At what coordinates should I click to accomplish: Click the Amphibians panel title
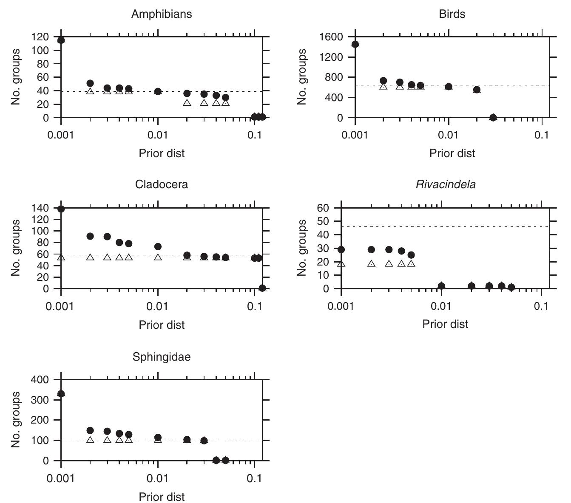point(162,14)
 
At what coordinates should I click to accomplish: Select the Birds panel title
point(452,14)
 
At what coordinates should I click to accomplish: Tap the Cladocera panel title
point(162,185)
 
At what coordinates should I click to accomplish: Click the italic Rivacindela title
point(446,185)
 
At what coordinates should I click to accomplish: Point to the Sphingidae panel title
point(162,357)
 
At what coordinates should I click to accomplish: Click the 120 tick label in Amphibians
point(40,37)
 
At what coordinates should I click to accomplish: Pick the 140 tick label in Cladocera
point(40,208)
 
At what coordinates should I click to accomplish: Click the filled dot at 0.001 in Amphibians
point(61,40)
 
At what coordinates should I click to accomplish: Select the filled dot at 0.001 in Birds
point(355,44)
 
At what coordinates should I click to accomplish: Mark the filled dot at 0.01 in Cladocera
point(158,246)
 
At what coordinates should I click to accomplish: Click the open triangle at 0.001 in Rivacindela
point(341,264)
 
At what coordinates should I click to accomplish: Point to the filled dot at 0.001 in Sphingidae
point(61,394)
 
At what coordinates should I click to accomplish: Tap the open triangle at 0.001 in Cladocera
point(61,257)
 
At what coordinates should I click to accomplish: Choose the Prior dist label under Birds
point(452,153)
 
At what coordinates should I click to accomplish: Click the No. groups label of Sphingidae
point(16,419)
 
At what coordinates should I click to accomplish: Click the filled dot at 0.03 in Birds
point(493,117)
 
